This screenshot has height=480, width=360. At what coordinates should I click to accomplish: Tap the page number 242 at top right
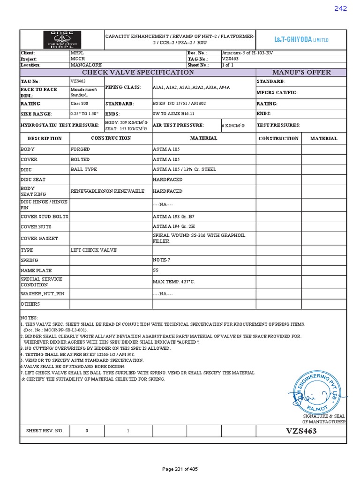[x=340, y=8]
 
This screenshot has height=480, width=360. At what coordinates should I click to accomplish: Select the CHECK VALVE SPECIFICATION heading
[x=138, y=72]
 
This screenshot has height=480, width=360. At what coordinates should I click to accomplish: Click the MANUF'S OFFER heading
[x=301, y=72]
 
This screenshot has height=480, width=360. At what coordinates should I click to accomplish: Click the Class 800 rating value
[x=79, y=103]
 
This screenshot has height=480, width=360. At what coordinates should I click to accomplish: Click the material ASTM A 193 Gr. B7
[x=174, y=217]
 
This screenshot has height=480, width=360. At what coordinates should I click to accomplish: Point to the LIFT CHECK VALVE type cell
[x=93, y=250]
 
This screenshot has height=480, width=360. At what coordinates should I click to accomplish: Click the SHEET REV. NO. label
[x=45, y=431]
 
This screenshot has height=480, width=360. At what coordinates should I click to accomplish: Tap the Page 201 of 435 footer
[x=180, y=469]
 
